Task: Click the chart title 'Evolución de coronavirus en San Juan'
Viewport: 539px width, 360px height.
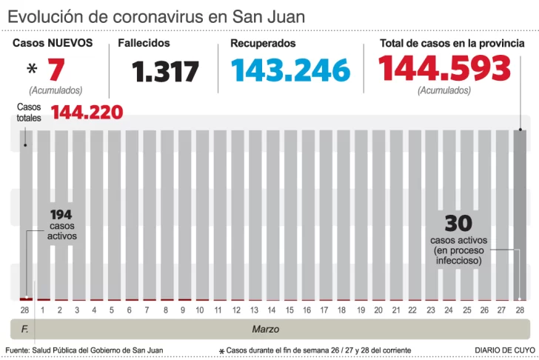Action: coord(156,16)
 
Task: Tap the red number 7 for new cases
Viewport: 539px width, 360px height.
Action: coord(56,70)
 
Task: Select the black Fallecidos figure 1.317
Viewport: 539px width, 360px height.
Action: coord(166,72)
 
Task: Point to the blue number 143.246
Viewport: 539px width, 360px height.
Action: coord(290,70)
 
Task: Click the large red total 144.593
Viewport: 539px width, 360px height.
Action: coord(444,69)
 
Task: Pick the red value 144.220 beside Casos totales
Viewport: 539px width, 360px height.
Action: coord(87,113)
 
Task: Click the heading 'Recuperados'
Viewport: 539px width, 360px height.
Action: coord(263,44)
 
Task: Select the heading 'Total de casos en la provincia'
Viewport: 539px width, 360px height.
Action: coord(452,44)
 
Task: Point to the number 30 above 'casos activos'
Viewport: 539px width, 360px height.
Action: coord(458,223)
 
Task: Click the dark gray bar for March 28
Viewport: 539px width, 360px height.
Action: coord(520,215)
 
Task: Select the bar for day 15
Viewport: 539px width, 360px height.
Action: coord(289,215)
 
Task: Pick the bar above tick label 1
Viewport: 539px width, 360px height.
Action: coord(43,215)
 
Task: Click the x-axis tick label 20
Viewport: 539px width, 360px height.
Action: coord(378,310)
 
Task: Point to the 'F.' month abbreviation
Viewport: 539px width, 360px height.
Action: coord(24,328)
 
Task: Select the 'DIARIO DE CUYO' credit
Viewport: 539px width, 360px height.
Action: coord(505,350)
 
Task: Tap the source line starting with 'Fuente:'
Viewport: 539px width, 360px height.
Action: coord(84,350)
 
